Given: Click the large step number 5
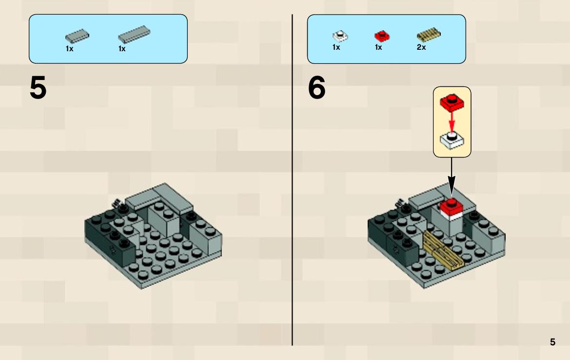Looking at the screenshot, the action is click(38, 88).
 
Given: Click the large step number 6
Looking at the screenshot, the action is click(316, 88).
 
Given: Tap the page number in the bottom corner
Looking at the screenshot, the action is click(552, 342).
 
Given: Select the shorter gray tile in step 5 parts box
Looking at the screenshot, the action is click(77, 36).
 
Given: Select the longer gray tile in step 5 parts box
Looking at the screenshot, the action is click(134, 34).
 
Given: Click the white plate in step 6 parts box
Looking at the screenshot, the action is click(340, 36).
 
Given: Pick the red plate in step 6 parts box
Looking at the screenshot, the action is click(382, 36).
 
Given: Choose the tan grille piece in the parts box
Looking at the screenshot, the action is click(429, 35).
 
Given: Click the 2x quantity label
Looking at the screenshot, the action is click(421, 47).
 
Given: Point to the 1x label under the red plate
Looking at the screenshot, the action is click(378, 47).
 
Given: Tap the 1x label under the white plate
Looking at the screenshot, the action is click(336, 47).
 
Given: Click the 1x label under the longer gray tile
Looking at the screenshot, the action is click(122, 49).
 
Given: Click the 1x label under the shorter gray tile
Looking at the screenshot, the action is click(69, 49).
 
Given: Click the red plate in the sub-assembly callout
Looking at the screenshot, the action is click(452, 103).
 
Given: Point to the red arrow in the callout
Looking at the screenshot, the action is click(452, 122).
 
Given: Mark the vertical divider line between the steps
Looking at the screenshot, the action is click(292, 180).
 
